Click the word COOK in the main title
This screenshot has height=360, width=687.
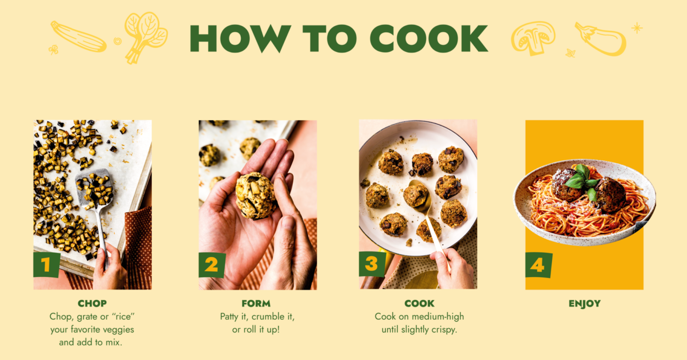tap(429, 38)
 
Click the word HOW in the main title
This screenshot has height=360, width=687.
tap(240, 38)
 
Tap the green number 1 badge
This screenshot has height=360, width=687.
tap(46, 265)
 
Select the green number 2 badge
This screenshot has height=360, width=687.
tap(212, 265)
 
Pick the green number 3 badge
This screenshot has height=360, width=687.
tap(372, 264)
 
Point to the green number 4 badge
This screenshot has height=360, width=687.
tap(538, 265)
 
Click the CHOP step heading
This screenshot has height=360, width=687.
tap(92, 304)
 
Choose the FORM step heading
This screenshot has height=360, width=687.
tap(256, 304)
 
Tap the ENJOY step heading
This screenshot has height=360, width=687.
tap(584, 304)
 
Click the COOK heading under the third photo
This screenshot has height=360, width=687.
tap(419, 304)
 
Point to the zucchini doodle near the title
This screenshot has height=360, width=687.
tap(78, 37)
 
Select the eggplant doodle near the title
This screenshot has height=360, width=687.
tap(601, 39)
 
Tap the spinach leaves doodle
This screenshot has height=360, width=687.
tap(146, 37)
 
